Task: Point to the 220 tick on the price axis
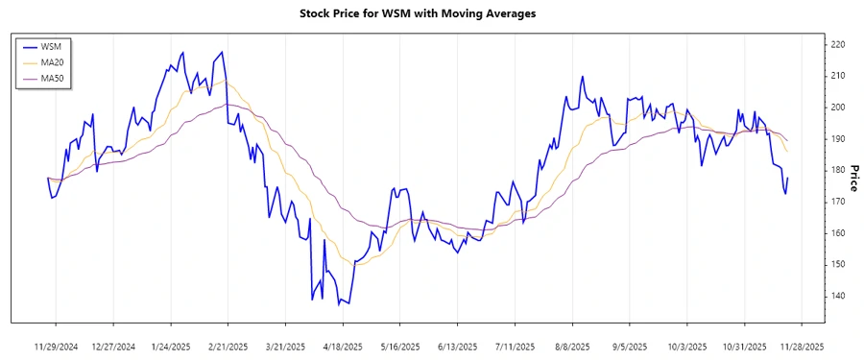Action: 837,45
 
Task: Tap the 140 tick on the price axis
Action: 837,296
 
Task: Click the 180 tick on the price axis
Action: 837,171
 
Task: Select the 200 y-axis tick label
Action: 837,108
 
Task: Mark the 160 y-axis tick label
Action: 837,233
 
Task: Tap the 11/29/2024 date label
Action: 56,346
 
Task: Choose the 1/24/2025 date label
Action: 170,346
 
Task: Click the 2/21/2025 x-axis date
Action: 228,346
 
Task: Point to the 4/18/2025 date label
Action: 342,346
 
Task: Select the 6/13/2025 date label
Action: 457,346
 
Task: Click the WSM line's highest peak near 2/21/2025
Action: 222,52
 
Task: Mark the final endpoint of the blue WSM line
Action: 788,178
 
